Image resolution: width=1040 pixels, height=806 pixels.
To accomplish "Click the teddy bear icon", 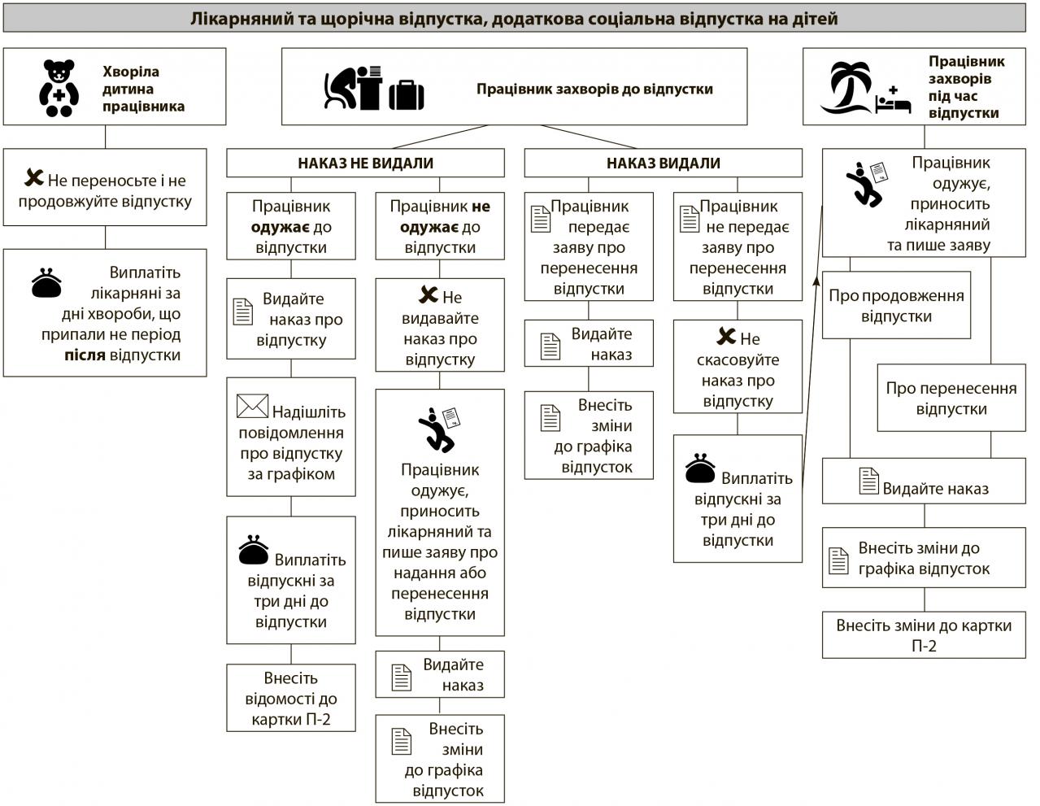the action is pyautogui.click(x=59, y=88).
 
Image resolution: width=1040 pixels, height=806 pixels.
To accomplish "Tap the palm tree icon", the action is pyautogui.click(x=847, y=87).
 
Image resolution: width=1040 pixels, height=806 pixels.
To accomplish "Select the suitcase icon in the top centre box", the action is pyautogui.click(x=407, y=95).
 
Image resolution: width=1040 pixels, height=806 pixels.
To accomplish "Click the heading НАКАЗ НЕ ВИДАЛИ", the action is pyautogui.click(x=365, y=163).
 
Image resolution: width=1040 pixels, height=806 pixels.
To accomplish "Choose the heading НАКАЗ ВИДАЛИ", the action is pyautogui.click(x=663, y=163).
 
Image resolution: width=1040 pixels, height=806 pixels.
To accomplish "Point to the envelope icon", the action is pyautogui.click(x=252, y=406).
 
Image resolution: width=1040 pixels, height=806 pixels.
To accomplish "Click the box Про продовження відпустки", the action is pyautogui.click(x=896, y=305).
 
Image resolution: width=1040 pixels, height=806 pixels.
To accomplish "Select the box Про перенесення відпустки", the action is pyautogui.click(x=951, y=398).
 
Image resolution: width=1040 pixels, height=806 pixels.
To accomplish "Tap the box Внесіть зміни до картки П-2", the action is pyautogui.click(x=924, y=634).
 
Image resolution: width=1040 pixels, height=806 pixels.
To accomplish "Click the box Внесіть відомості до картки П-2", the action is pyautogui.click(x=291, y=698).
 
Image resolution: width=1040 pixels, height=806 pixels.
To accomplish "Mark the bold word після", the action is pyautogui.click(x=85, y=355).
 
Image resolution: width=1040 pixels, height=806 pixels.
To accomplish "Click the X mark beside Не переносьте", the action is pyautogui.click(x=33, y=177).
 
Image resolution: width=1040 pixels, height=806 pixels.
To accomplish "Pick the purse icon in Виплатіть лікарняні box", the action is pyautogui.click(x=46, y=283).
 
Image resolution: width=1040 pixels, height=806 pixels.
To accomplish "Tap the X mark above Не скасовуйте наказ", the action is pyautogui.click(x=726, y=336).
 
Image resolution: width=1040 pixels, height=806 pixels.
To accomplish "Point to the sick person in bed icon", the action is pyautogui.click(x=893, y=100).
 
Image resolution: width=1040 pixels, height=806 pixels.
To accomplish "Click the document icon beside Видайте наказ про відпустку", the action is pyautogui.click(x=242, y=312).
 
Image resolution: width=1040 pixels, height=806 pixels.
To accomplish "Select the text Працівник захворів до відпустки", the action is pyautogui.click(x=594, y=89).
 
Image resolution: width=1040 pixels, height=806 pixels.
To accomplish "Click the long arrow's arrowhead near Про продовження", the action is pyautogui.click(x=816, y=281).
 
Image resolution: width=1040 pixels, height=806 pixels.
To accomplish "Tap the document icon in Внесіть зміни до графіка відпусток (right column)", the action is pyautogui.click(x=838, y=560).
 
